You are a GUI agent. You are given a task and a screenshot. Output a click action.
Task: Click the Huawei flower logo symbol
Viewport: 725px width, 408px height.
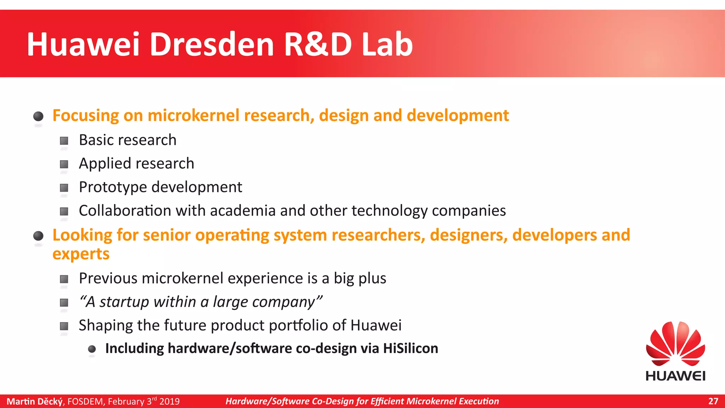pos(675,344)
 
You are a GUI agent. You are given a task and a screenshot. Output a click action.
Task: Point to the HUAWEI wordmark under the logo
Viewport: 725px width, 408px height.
pos(675,376)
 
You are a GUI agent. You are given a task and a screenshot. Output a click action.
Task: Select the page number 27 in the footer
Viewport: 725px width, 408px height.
pos(713,401)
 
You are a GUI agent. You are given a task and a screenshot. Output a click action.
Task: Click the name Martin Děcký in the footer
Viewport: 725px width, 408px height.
pos(35,401)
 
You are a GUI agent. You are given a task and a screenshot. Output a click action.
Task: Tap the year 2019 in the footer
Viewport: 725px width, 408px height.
pos(169,401)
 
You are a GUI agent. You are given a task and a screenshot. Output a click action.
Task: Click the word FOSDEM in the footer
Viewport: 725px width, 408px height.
pos(86,401)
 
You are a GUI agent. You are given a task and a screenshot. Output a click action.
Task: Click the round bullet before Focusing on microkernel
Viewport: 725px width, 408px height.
pos(38,116)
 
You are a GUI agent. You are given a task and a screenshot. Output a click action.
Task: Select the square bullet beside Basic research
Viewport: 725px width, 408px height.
pos(64,141)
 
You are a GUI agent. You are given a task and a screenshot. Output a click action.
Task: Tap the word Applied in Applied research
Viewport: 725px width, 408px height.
pos(105,164)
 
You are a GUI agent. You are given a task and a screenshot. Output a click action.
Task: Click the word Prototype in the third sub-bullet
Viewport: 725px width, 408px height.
pos(113,187)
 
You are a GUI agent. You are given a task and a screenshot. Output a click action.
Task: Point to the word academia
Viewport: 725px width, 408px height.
pos(242,211)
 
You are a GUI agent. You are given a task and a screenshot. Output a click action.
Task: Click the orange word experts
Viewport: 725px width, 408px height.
pos(81,254)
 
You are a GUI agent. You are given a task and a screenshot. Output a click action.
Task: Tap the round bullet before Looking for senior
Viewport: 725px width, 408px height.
pos(38,236)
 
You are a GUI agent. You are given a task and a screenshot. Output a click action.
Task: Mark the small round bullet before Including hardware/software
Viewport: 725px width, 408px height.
pos(92,349)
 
